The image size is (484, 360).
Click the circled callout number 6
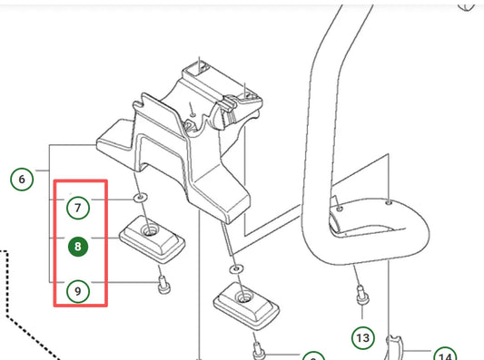[22, 179]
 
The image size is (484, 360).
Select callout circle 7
[78, 208]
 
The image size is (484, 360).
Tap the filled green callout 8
[78, 247]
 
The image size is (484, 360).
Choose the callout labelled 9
[78, 291]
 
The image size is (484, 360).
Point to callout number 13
[363, 338]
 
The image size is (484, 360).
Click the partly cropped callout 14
[445, 355]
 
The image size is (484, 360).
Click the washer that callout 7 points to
[141, 198]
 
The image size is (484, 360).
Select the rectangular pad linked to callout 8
[153, 239]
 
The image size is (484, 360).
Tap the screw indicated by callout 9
[163, 285]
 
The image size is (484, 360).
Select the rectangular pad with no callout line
[246, 306]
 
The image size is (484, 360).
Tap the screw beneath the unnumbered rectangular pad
[259, 351]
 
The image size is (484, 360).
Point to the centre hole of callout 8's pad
[151, 230]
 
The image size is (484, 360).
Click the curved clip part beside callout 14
[394, 346]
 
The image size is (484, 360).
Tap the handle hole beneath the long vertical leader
[389, 202]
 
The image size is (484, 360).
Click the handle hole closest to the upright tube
[340, 209]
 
